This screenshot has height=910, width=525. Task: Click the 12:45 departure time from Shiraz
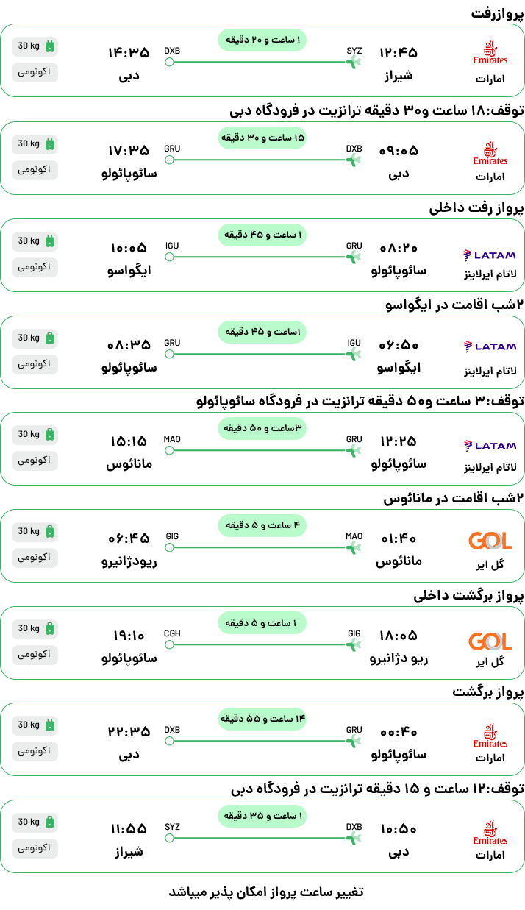[399, 53]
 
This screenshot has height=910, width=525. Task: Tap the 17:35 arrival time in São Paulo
[129, 151]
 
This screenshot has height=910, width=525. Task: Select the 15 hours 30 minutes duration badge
[262, 138]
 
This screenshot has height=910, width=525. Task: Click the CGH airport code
[172, 633]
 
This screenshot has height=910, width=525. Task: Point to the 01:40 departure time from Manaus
[399, 538]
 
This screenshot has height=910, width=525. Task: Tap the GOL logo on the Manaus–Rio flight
[490, 541]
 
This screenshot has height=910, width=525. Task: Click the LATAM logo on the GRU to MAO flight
[490, 446]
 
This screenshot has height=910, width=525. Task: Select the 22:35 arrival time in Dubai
[129, 732]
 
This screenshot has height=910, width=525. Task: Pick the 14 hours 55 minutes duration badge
[262, 719]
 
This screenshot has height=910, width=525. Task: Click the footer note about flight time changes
[266, 892]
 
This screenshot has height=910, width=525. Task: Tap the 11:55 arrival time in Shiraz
[129, 829]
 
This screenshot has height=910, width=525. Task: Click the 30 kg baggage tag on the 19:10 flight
[35, 629]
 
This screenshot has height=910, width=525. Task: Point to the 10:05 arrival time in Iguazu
[129, 248]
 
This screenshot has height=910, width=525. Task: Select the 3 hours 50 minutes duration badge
[262, 428]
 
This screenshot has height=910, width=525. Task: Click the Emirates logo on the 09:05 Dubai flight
[490, 153]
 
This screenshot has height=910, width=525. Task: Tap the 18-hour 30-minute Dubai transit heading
[376, 110]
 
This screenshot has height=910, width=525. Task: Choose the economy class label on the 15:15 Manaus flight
[35, 461]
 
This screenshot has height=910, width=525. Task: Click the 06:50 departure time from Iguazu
[399, 345]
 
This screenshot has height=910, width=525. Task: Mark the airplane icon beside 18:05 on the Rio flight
[354, 644]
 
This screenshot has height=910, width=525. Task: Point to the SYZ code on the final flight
[172, 827]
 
